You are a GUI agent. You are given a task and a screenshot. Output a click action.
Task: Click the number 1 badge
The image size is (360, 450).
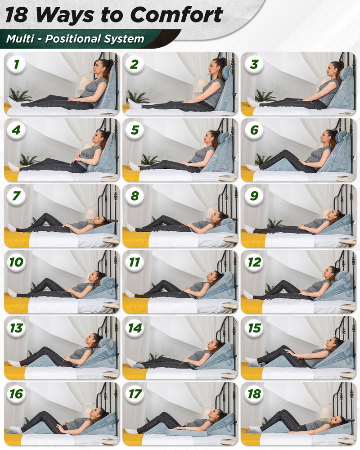click(x=16, y=64)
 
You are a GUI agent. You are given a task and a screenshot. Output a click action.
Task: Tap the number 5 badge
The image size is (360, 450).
click(x=134, y=130)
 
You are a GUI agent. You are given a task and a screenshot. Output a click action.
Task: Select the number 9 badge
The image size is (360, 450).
click(x=254, y=196)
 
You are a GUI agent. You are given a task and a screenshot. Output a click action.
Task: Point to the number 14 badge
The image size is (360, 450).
click(x=135, y=328)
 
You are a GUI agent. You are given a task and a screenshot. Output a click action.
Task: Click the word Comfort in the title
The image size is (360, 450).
click(x=179, y=15)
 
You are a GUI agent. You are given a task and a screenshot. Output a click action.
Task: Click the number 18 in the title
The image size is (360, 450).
click(x=17, y=15)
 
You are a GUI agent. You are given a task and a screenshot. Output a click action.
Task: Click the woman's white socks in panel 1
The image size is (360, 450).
click(x=13, y=103)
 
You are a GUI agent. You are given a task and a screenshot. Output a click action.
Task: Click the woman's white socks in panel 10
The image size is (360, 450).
click(x=12, y=293)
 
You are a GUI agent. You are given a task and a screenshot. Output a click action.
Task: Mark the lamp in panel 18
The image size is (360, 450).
click(x=325, y=412)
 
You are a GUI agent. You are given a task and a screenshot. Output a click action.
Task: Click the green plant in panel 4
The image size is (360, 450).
click(x=28, y=159)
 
